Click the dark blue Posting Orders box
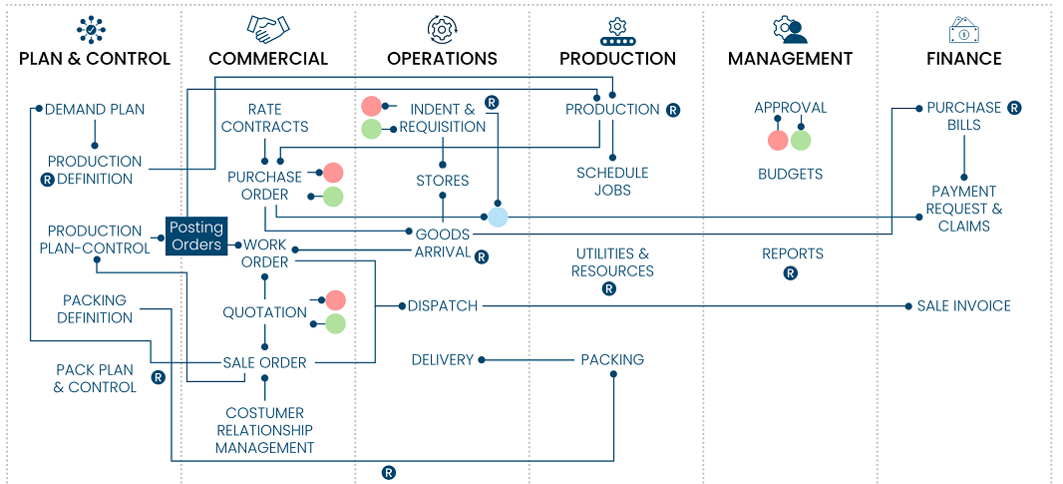click(195, 236)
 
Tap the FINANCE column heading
click(963, 59)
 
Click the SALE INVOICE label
click(963, 306)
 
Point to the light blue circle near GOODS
click(498, 217)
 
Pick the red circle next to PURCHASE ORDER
click(333, 173)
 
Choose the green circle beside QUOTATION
click(335, 323)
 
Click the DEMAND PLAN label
click(95, 109)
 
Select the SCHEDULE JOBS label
click(612, 181)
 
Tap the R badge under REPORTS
click(791, 272)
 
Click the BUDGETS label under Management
click(790, 174)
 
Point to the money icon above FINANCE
click(963, 29)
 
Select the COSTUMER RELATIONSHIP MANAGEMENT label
click(264, 430)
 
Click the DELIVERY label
click(442, 360)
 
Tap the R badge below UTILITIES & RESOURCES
click(609, 288)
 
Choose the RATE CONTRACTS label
click(264, 118)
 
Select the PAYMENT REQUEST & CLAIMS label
click(963, 209)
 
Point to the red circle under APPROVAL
click(778, 141)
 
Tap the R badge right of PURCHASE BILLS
click(1014, 108)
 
